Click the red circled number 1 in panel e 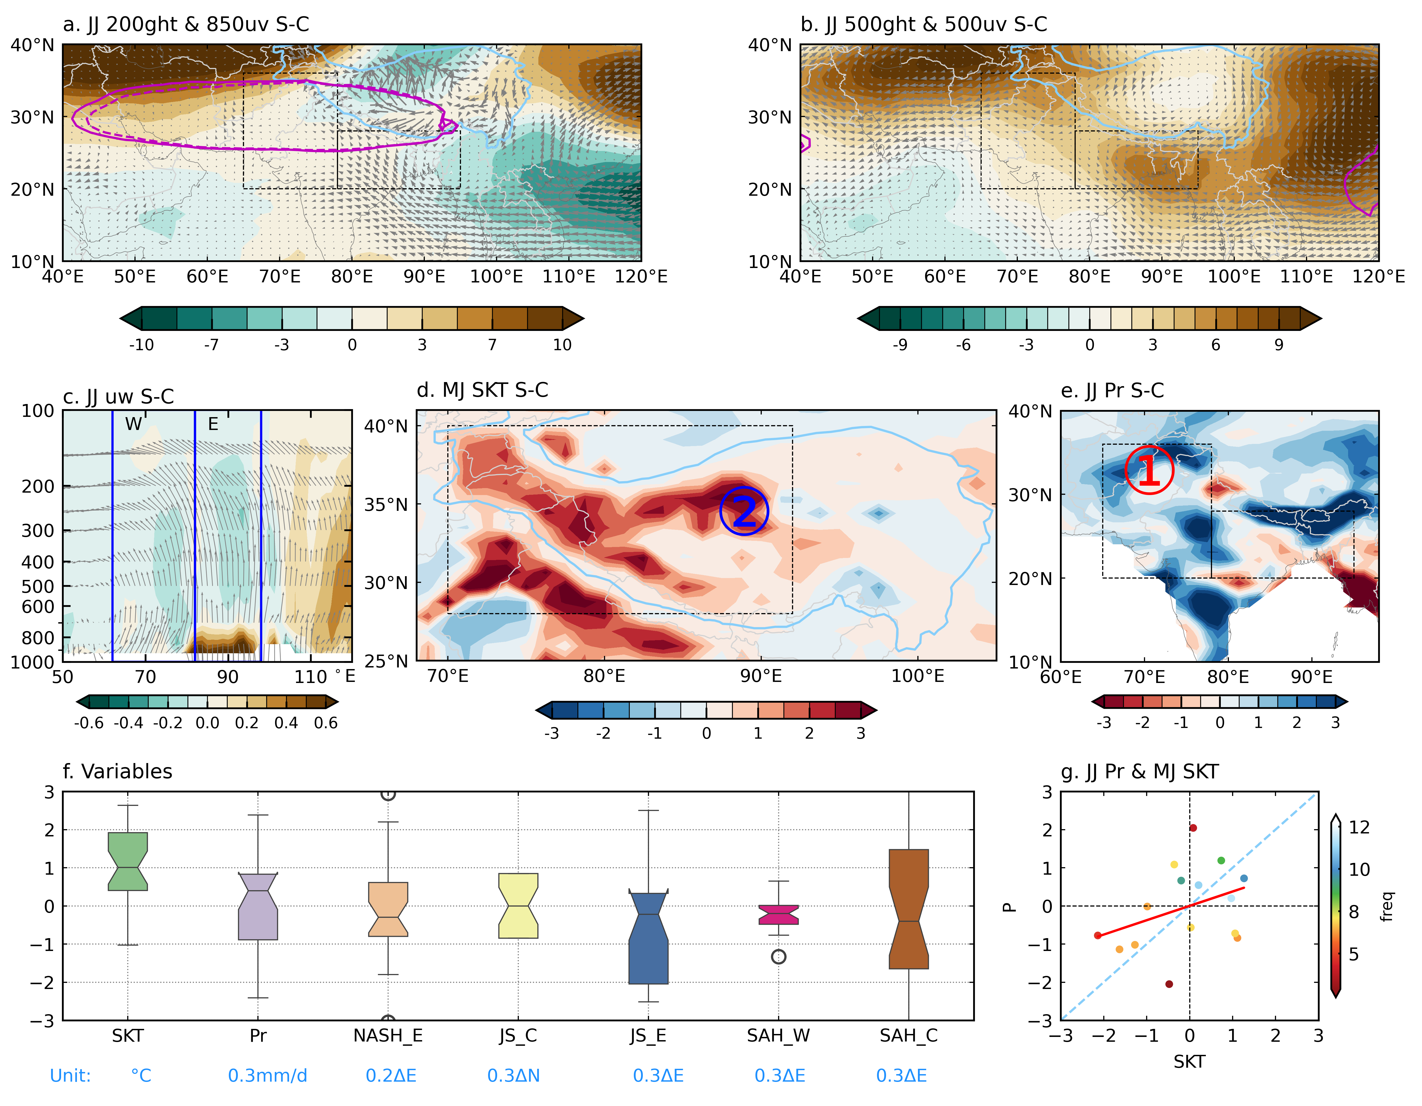1149,470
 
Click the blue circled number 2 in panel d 744,511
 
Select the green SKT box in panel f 127,860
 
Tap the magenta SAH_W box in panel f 779,914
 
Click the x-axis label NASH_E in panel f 388,1036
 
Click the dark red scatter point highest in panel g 1193,828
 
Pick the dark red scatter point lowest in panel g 1169,984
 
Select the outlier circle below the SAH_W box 779,956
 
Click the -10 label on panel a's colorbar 141,345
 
